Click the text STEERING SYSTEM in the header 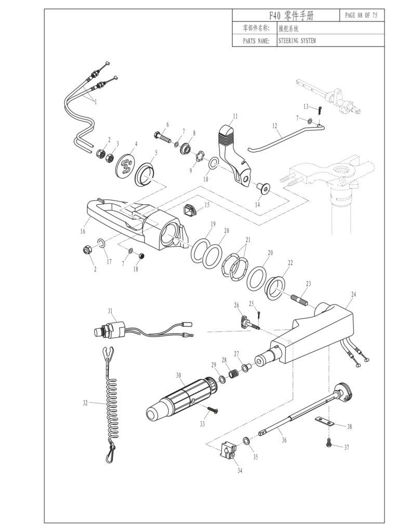point(297,41)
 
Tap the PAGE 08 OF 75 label point(361,15)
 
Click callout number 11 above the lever point(235,116)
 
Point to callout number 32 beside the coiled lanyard point(86,402)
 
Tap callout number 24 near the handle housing point(353,294)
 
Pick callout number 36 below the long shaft point(284,440)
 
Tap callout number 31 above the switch point(110,311)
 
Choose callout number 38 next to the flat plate point(349,427)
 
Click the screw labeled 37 point(329,444)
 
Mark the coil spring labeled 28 point(234,373)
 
